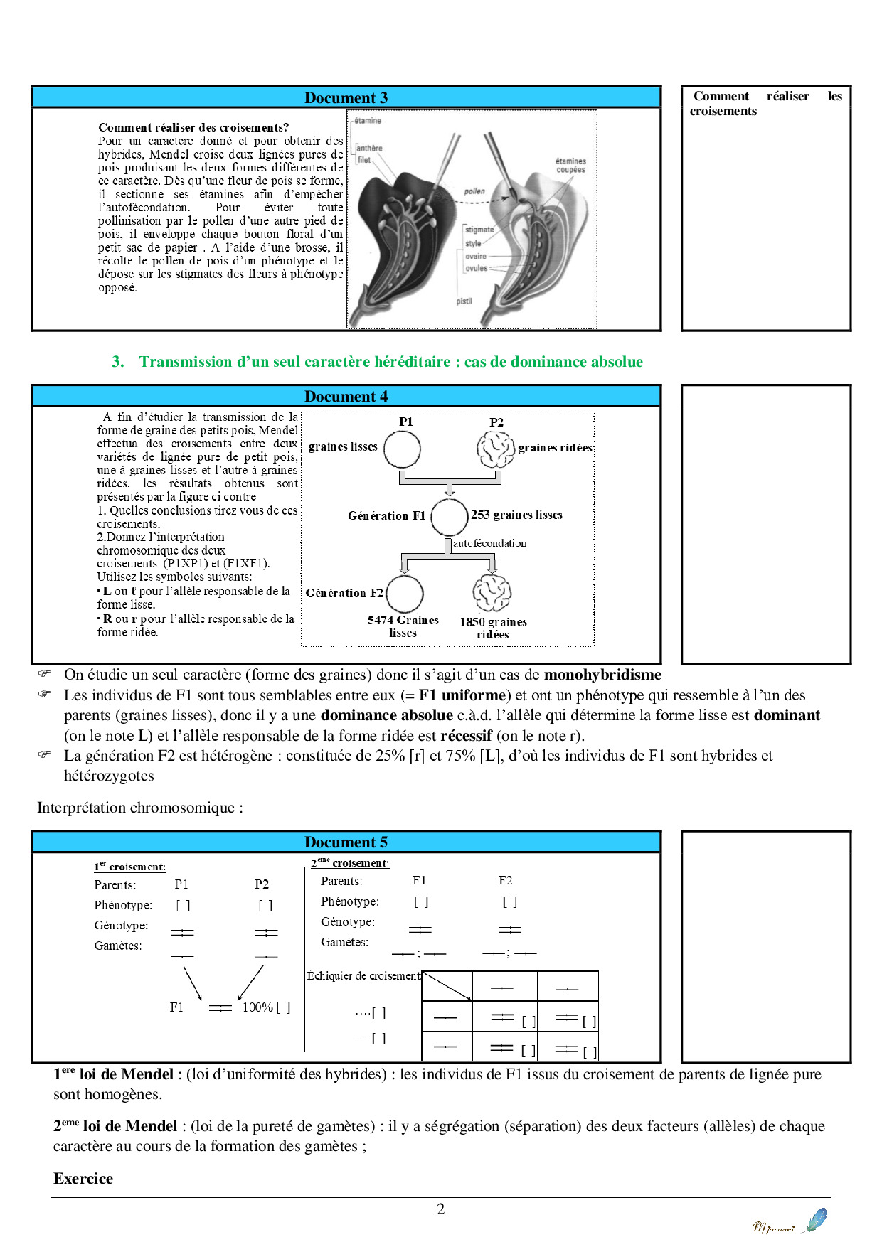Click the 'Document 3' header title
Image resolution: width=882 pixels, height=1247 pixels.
(x=346, y=98)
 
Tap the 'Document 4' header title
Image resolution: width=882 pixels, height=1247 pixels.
(x=346, y=397)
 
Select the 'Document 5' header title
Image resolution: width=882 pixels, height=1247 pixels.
(x=346, y=842)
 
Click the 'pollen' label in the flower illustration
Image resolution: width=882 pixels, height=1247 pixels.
(x=474, y=191)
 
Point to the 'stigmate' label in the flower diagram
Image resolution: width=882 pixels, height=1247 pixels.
(x=479, y=230)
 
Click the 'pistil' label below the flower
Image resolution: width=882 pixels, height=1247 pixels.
(x=464, y=301)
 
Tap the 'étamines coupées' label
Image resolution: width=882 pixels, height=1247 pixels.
(x=570, y=166)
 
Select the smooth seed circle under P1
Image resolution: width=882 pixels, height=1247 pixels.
(x=403, y=449)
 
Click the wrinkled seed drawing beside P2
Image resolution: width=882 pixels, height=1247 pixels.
(x=495, y=449)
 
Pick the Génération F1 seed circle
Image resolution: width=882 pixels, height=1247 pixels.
(x=450, y=517)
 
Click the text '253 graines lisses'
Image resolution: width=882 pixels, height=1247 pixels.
(x=516, y=515)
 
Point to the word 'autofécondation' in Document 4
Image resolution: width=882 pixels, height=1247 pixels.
(x=489, y=543)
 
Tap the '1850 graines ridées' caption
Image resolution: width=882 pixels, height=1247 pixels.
(x=493, y=628)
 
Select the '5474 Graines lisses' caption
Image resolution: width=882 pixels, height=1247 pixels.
(x=403, y=626)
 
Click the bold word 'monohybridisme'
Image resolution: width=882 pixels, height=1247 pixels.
(x=602, y=675)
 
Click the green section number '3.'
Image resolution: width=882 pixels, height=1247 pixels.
(x=118, y=362)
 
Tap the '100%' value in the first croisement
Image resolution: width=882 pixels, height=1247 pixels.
(x=257, y=1007)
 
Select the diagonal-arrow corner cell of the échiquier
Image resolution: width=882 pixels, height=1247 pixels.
(x=447, y=987)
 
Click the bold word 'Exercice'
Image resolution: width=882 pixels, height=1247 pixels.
(x=83, y=1179)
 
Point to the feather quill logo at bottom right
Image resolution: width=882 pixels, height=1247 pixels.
(x=814, y=1220)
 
